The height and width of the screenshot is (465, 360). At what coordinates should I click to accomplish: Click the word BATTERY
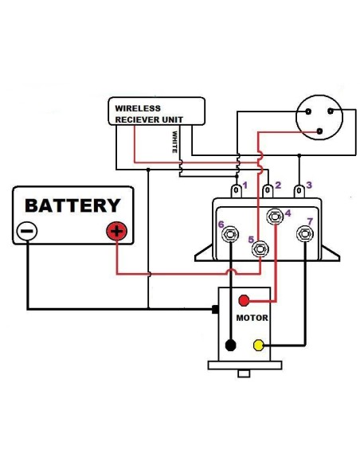point(72,205)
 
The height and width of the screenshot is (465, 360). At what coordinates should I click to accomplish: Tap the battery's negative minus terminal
point(26,232)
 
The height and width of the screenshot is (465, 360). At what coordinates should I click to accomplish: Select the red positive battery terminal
point(116,232)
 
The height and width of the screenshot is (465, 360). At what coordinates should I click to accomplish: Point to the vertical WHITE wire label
point(174,141)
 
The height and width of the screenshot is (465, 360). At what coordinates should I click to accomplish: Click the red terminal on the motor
point(245,301)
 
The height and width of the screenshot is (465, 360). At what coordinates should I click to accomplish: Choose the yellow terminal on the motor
point(258,345)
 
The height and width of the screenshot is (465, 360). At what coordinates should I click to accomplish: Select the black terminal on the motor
point(230,346)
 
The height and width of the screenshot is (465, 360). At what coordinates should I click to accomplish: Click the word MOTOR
point(251,318)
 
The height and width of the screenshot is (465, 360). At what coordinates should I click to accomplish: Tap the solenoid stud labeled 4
point(275,216)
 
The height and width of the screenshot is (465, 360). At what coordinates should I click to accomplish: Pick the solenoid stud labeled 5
point(260,249)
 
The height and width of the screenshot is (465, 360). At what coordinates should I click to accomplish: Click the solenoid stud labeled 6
point(231,234)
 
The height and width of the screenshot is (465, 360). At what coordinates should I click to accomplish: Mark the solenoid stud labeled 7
point(304,234)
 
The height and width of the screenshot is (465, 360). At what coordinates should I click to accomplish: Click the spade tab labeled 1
point(237,191)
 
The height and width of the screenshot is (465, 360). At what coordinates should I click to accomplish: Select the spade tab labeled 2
point(268,191)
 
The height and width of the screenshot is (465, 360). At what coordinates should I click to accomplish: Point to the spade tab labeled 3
point(299,191)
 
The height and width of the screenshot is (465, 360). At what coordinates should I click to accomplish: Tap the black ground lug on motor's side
point(215,308)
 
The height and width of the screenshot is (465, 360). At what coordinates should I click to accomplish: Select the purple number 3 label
point(309,185)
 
